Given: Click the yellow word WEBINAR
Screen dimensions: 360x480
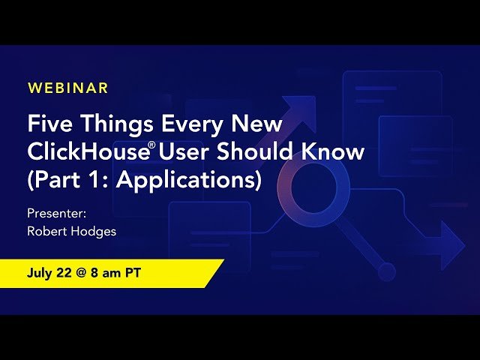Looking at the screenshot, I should point(68,88).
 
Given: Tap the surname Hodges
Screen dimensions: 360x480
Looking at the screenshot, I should point(93,231).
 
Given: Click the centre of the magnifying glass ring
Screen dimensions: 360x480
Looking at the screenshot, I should point(309,185).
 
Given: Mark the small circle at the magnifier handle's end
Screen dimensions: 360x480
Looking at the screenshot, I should point(386,271).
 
